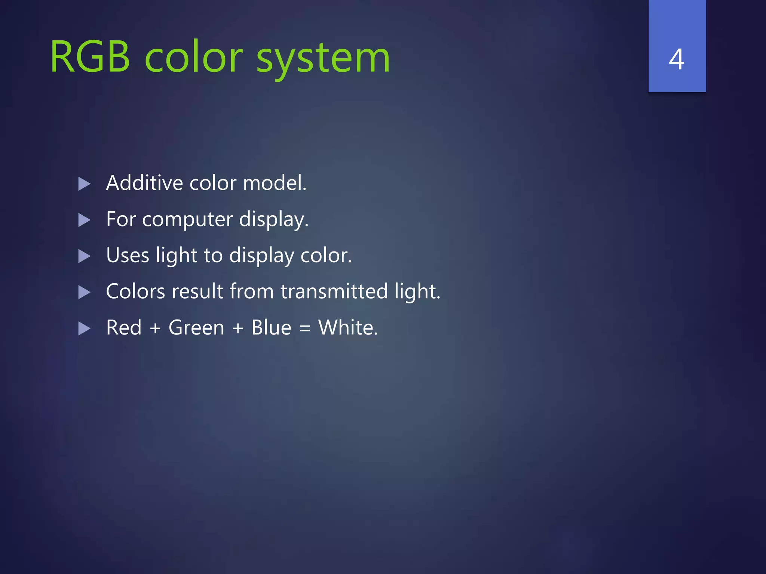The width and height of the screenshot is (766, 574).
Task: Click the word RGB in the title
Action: coord(90,58)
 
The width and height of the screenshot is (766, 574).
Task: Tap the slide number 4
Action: coord(677,59)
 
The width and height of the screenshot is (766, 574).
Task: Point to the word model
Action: coord(275,183)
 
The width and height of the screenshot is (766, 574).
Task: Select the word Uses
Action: coord(128,255)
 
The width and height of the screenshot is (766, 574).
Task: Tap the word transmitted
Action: coord(334,291)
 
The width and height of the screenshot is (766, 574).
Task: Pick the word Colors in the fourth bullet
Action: coord(135,291)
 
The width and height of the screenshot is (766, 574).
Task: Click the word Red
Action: coord(124,327)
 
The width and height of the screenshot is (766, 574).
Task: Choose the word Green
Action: coord(196,327)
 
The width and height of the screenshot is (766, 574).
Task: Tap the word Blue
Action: coord(271,327)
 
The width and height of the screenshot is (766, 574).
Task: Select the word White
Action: coord(348,327)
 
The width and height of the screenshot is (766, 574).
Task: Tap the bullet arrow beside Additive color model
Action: coord(85,184)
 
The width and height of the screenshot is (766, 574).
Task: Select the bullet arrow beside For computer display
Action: coord(85,220)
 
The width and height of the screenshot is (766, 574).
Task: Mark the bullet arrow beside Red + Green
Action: coord(85,329)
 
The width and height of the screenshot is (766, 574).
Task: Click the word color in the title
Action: coord(193,58)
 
